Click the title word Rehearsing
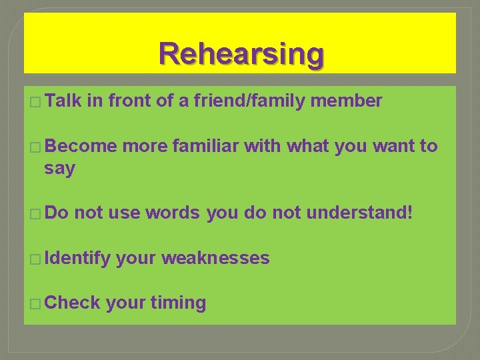click(x=241, y=53)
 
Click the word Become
click(x=80, y=146)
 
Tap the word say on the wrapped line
click(x=59, y=169)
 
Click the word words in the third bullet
click(x=172, y=213)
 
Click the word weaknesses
click(x=215, y=258)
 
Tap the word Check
click(x=73, y=303)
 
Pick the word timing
click(x=178, y=303)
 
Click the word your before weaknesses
click(x=136, y=259)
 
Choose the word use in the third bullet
click(x=125, y=213)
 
